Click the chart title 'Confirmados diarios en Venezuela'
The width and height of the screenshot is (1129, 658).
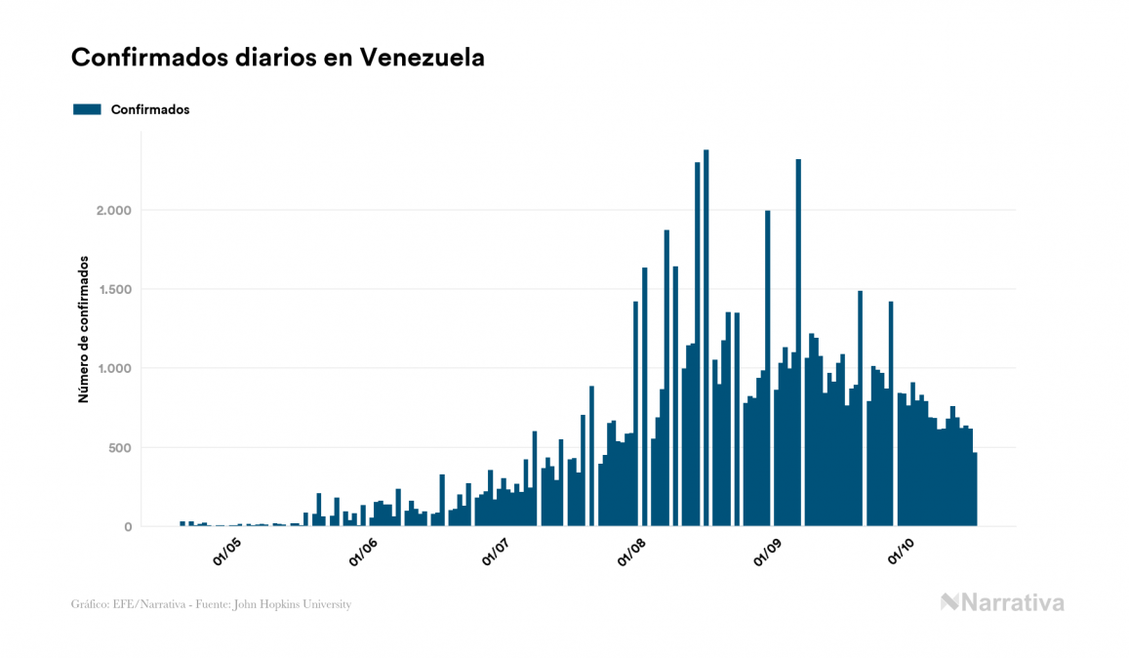(x=278, y=59)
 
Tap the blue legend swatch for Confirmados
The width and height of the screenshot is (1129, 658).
(x=88, y=109)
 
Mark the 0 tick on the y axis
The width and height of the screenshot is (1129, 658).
(x=127, y=527)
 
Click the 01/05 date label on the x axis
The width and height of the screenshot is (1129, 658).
(x=227, y=552)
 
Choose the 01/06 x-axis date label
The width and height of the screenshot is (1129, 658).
(x=362, y=552)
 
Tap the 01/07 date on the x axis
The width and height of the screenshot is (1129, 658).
(x=497, y=552)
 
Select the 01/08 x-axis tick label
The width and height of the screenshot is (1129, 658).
(x=632, y=552)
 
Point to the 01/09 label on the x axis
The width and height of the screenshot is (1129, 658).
(x=768, y=552)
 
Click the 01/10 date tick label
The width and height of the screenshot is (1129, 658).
(x=902, y=552)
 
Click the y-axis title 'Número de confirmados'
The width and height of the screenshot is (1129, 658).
(x=84, y=330)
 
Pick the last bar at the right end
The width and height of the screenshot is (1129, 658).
(x=974, y=489)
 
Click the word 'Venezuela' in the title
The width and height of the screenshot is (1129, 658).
(x=422, y=59)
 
